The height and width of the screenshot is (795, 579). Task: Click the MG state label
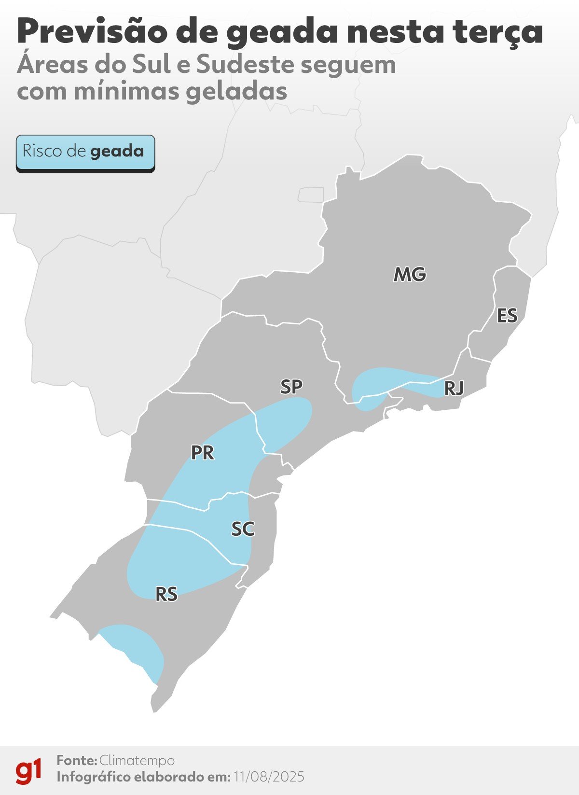coord(410,275)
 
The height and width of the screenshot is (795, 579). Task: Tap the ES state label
coord(507,316)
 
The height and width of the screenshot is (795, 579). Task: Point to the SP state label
coord(291,387)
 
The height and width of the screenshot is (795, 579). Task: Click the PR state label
coord(202,453)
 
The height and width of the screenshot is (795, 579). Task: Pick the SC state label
coord(243,529)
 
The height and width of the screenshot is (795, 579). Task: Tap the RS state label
coord(166,594)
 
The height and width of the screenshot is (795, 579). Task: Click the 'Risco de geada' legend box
coord(85,153)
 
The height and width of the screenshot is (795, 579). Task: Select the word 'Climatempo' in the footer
coord(137,761)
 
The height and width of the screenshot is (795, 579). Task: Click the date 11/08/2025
coord(269,777)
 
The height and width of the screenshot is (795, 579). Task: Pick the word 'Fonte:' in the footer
coord(77,761)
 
